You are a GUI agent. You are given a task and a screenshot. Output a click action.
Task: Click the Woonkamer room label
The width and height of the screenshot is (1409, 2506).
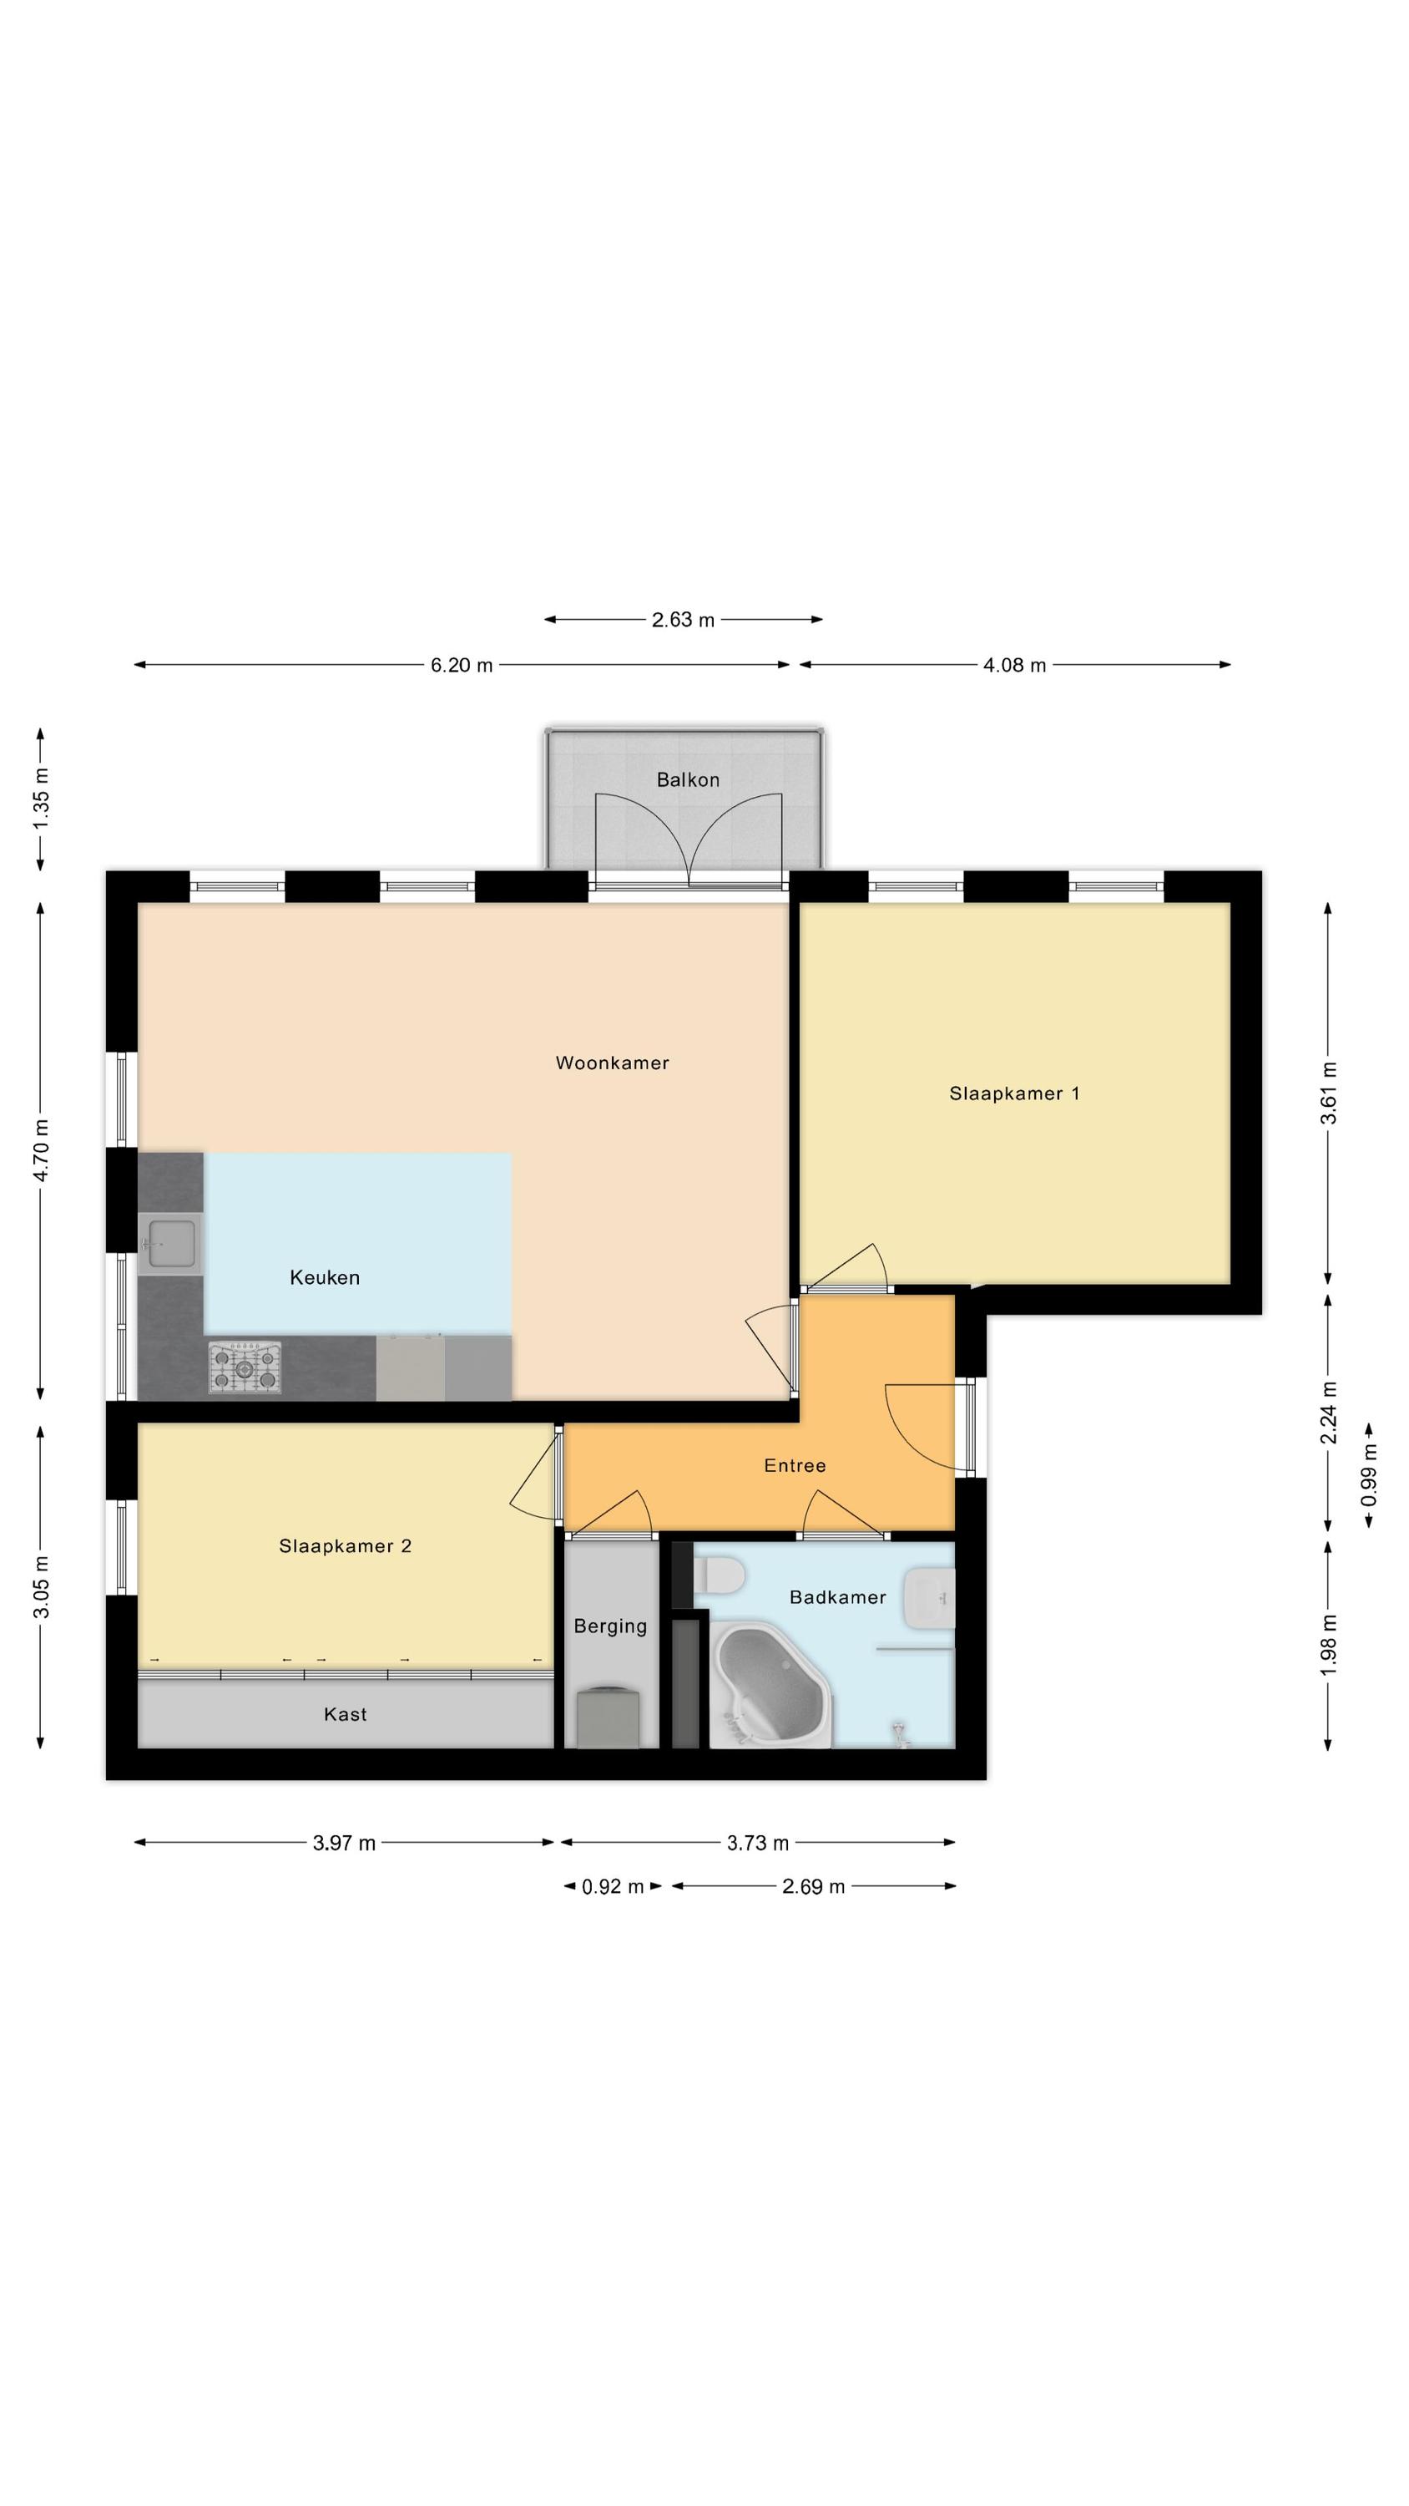613,1063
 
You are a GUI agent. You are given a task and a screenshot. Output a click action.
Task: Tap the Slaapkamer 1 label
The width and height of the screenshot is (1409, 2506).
1014,1093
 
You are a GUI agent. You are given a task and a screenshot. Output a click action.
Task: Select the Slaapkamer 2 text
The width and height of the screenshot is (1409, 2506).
346,1547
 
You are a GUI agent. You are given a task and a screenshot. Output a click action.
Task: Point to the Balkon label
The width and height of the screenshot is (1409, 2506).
688,780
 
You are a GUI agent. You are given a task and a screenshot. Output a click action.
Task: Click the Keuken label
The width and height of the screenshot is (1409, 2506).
325,1278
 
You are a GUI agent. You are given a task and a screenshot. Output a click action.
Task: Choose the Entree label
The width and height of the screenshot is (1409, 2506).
795,1466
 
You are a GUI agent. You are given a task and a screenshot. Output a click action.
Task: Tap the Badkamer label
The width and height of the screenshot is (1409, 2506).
837,1597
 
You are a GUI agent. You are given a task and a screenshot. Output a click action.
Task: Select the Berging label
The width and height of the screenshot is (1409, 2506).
609,1626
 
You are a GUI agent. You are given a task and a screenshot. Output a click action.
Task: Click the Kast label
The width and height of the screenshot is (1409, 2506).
346,1714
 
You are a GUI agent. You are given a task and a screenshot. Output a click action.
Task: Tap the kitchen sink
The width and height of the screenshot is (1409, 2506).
171,1245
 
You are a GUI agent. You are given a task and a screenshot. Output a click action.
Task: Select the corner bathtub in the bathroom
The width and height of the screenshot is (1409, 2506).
772,1684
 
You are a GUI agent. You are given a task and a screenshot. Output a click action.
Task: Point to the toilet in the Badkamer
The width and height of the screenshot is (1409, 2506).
720,1574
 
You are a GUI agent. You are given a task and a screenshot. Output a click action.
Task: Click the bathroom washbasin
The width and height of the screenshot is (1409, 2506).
929,1598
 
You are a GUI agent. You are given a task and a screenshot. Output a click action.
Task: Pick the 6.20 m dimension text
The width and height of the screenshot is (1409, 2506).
462,666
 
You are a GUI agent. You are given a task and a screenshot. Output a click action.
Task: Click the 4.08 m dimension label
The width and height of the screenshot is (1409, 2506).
1014,666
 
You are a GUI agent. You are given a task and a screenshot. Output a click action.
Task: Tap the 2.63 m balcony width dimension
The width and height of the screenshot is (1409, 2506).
683,620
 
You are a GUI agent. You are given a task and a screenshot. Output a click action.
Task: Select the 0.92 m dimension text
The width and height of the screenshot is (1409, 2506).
613,1887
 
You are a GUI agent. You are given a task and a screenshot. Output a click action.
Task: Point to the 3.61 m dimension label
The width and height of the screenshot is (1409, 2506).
1328,1093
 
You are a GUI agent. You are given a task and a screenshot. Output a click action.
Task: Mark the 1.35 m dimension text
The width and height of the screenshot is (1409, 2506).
41,799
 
